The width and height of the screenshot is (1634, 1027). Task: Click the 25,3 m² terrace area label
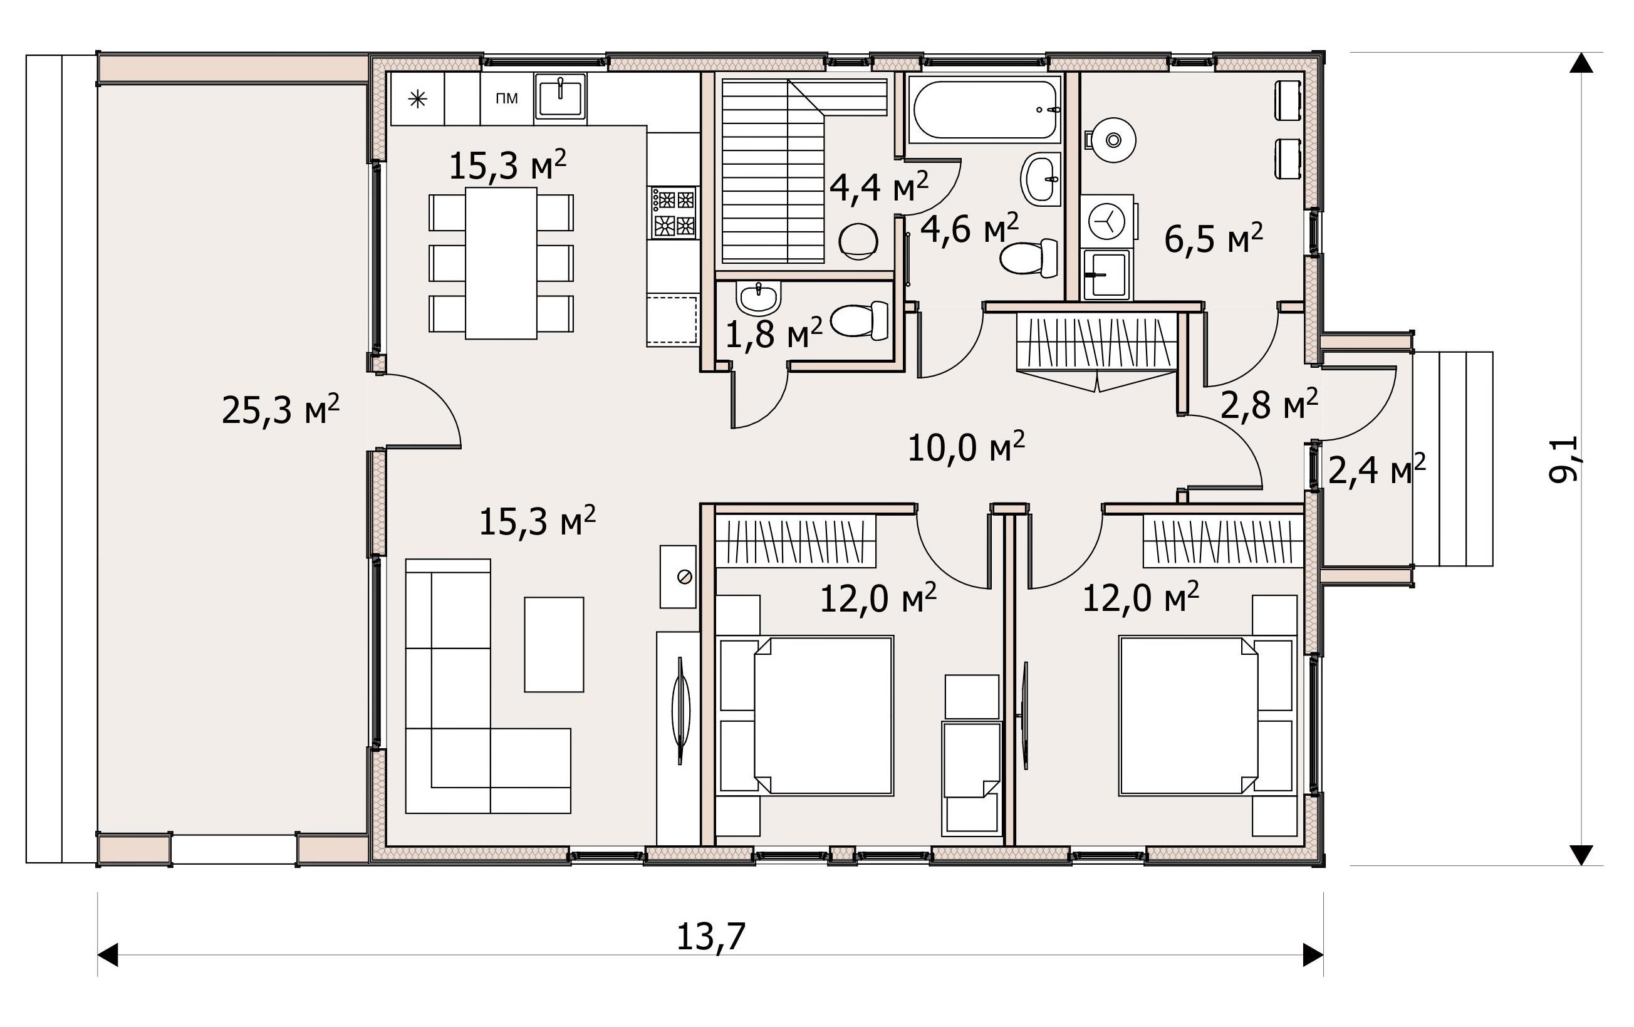tap(280, 409)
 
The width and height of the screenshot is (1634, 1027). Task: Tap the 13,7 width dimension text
tap(710, 937)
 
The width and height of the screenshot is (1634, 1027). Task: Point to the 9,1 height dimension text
tap(1564, 459)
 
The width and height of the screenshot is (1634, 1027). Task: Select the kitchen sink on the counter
tap(561, 97)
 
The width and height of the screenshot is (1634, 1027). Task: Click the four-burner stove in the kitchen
tap(673, 212)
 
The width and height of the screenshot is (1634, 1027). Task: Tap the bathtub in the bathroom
tap(985, 108)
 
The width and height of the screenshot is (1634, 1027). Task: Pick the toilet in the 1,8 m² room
tap(860, 321)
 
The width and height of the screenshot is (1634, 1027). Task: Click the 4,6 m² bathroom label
tap(970, 229)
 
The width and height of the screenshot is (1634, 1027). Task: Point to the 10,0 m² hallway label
tap(965, 447)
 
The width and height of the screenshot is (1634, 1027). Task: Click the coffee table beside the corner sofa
tap(554, 644)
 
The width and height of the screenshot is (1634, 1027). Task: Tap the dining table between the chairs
tap(501, 263)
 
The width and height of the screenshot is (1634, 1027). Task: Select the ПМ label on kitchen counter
tap(507, 98)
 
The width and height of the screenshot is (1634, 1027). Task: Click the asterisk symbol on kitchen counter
tap(417, 100)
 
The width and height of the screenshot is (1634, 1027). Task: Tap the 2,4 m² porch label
tap(1376, 470)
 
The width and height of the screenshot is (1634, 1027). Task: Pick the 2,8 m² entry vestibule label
tap(1269, 405)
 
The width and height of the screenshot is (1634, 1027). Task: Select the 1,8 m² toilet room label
tap(774, 334)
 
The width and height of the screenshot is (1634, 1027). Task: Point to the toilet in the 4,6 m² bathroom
tap(1029, 258)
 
